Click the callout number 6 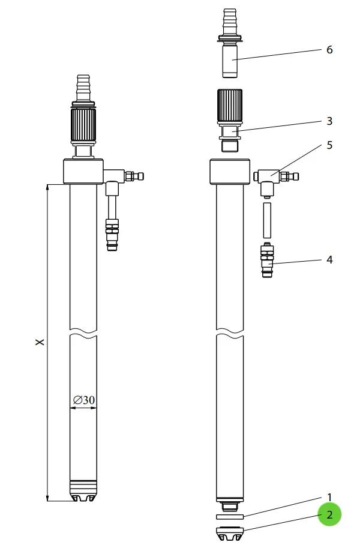point(329,50)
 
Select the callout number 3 point(329,121)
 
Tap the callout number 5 point(329,145)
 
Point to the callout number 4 point(329,260)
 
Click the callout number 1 point(329,497)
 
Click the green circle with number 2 point(329,514)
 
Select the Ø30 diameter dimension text point(84,400)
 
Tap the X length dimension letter point(40,342)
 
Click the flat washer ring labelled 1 point(230,517)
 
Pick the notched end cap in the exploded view point(230,533)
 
